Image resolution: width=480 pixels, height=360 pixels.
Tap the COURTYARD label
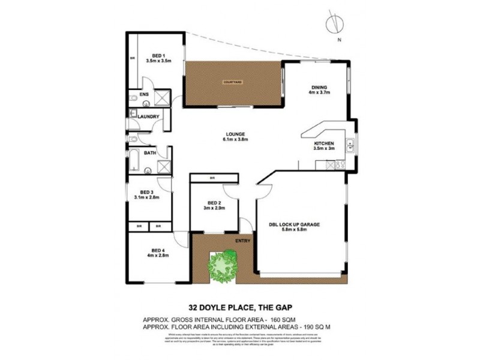(x=232, y=81)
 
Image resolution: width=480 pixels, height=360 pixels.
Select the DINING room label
(x=319, y=86)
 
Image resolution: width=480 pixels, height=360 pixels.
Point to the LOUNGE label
(x=235, y=134)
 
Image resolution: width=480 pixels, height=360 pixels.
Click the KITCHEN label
(x=324, y=145)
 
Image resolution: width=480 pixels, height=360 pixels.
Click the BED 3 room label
(x=146, y=191)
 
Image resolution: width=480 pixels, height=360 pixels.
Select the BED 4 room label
(x=158, y=250)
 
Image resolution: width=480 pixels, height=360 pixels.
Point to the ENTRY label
(x=244, y=241)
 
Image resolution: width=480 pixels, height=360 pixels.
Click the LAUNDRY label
(x=148, y=116)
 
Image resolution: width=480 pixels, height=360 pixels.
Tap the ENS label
(x=144, y=95)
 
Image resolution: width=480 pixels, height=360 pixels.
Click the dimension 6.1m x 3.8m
(x=235, y=139)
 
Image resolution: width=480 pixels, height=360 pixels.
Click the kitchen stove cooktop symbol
(x=340, y=163)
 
